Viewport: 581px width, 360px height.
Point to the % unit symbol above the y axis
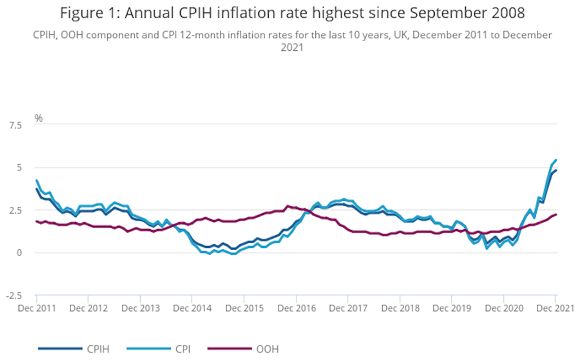point(39,118)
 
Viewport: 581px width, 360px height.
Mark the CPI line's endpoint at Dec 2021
point(555,160)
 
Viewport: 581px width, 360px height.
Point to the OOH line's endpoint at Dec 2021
point(555,214)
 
